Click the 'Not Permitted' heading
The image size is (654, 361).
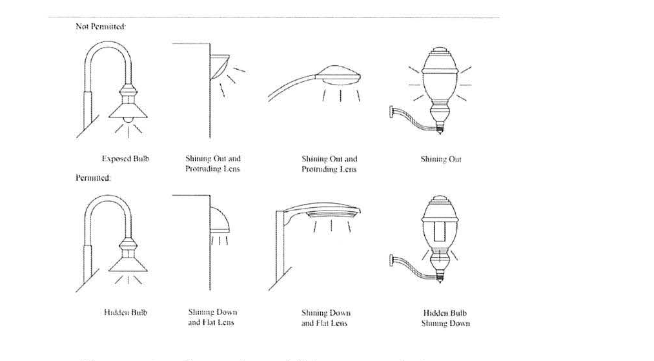point(91,28)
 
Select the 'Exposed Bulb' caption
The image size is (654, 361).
point(125,158)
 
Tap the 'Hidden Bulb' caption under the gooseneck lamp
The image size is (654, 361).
point(125,313)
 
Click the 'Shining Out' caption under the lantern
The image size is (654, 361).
point(441,159)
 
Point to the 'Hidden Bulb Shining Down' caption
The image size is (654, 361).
point(445,318)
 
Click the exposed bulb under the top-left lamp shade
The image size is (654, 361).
point(126,120)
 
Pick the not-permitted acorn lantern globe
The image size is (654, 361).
point(439,84)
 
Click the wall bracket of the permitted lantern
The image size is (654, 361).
point(393,261)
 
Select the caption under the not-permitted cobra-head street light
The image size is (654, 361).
point(329,163)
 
